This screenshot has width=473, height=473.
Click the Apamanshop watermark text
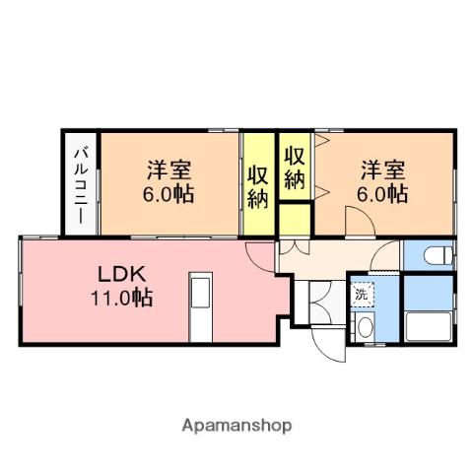pyautogui.click(x=236, y=426)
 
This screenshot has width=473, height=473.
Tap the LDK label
pyautogui.click(x=122, y=274)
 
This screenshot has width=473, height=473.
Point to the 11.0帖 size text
pyautogui.click(x=121, y=298)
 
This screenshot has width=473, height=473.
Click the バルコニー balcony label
pyautogui.click(x=81, y=186)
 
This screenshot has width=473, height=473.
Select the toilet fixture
pyautogui.click(x=439, y=255)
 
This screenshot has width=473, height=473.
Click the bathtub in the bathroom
pyautogui.click(x=428, y=327)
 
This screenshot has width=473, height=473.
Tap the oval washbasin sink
pyautogui.click(x=366, y=326)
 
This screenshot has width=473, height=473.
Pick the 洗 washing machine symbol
pyautogui.click(x=362, y=295)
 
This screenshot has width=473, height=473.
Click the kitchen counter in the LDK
pyautogui.click(x=201, y=307)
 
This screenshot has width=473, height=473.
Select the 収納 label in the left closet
pyautogui.click(x=258, y=187)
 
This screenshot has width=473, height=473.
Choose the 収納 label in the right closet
pyautogui.click(x=295, y=168)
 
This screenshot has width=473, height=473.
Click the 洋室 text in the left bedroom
pyautogui.click(x=169, y=169)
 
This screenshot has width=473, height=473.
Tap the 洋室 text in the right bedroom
pyautogui.click(x=383, y=169)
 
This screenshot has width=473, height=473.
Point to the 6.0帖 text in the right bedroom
pyautogui.click(x=382, y=194)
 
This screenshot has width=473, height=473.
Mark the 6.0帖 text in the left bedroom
pyautogui.click(x=168, y=194)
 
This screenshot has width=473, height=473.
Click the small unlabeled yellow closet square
pyautogui.click(x=295, y=219)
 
